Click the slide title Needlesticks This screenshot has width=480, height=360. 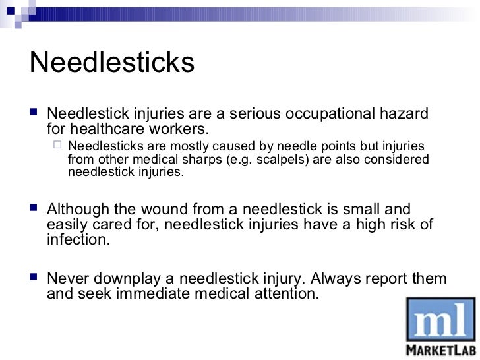[x=113, y=63]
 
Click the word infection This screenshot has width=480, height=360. [x=76, y=240]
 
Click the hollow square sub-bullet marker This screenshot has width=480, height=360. [x=58, y=146]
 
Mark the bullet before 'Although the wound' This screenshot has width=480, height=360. [x=34, y=210]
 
